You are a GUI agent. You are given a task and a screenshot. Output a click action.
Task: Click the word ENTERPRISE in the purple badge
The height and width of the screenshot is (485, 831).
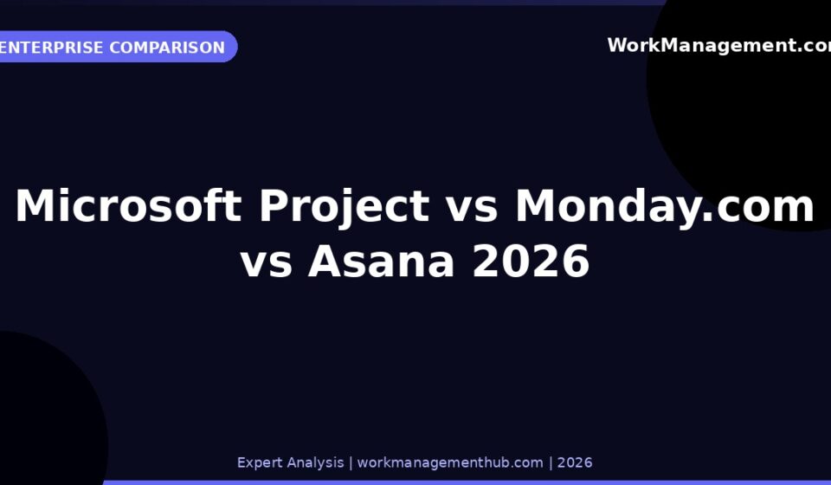pyautogui.click(x=51, y=47)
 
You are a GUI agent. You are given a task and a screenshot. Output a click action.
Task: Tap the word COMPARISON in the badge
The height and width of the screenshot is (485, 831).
pyautogui.click(x=167, y=47)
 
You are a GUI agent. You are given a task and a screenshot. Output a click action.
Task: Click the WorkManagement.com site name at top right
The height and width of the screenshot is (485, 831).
pyautogui.click(x=719, y=46)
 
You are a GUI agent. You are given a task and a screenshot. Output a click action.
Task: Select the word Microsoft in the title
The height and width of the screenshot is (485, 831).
pyautogui.click(x=128, y=205)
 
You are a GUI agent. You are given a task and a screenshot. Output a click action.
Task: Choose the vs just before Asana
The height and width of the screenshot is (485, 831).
pyautogui.click(x=266, y=264)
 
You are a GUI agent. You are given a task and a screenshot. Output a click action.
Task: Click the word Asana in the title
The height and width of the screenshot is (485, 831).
pyautogui.click(x=381, y=261)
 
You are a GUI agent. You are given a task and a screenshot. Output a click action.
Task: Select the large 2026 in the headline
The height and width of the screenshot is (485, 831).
pyautogui.click(x=531, y=261)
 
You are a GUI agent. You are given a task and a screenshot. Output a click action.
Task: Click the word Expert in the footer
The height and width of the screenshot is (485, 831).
pyautogui.click(x=256, y=462)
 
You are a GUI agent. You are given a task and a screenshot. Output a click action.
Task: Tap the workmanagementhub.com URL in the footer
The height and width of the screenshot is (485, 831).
pyautogui.click(x=450, y=462)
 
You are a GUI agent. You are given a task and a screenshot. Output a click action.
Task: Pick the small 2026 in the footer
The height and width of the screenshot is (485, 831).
pyautogui.click(x=575, y=462)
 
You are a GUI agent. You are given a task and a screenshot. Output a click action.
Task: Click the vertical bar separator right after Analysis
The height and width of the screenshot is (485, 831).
pyautogui.click(x=351, y=463)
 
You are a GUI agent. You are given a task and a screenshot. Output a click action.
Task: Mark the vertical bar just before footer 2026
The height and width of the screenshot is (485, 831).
pyautogui.click(x=551, y=463)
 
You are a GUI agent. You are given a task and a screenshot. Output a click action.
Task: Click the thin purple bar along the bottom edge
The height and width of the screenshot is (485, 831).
pyautogui.click(x=467, y=483)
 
